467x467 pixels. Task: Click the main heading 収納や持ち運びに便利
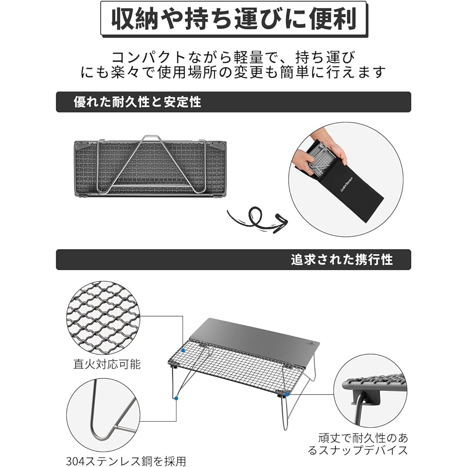234,19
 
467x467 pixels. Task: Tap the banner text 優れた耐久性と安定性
137,102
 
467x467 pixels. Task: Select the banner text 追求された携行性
342,259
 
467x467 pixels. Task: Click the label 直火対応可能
107,364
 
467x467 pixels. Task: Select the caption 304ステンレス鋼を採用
126,460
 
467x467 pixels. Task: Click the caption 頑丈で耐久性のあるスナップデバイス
358,444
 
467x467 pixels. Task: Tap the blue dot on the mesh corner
183,351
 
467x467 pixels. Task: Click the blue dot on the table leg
177,398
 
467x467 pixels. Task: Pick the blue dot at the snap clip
287,394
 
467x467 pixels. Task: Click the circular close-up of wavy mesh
103,318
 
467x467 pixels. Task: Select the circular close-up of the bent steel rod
103,415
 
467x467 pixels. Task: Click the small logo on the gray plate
308,344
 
